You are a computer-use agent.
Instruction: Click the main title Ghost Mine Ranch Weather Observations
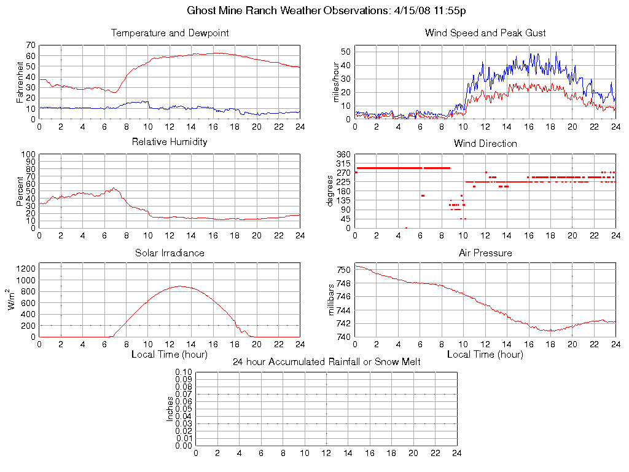(x=326, y=10)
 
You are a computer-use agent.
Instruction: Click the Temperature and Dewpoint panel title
(x=170, y=33)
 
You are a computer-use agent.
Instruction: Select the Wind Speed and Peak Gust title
(x=485, y=33)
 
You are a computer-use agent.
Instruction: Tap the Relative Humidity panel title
(x=170, y=142)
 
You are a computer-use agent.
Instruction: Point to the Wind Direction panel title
(x=485, y=143)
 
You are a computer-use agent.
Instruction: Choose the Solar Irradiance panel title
(x=170, y=253)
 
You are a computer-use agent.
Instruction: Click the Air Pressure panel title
(x=485, y=253)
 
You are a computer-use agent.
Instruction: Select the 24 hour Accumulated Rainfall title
(x=326, y=362)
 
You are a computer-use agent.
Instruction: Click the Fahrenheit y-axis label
(x=20, y=82)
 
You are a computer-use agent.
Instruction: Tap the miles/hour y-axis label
(x=336, y=82)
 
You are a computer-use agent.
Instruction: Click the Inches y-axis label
(x=170, y=409)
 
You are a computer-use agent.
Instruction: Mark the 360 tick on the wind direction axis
(x=343, y=154)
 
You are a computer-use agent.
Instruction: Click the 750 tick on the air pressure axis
(x=343, y=270)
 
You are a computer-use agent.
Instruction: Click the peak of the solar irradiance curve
(x=180, y=286)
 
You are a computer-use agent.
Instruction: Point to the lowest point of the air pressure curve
(x=550, y=331)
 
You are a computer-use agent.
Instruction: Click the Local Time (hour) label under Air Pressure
(x=485, y=354)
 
